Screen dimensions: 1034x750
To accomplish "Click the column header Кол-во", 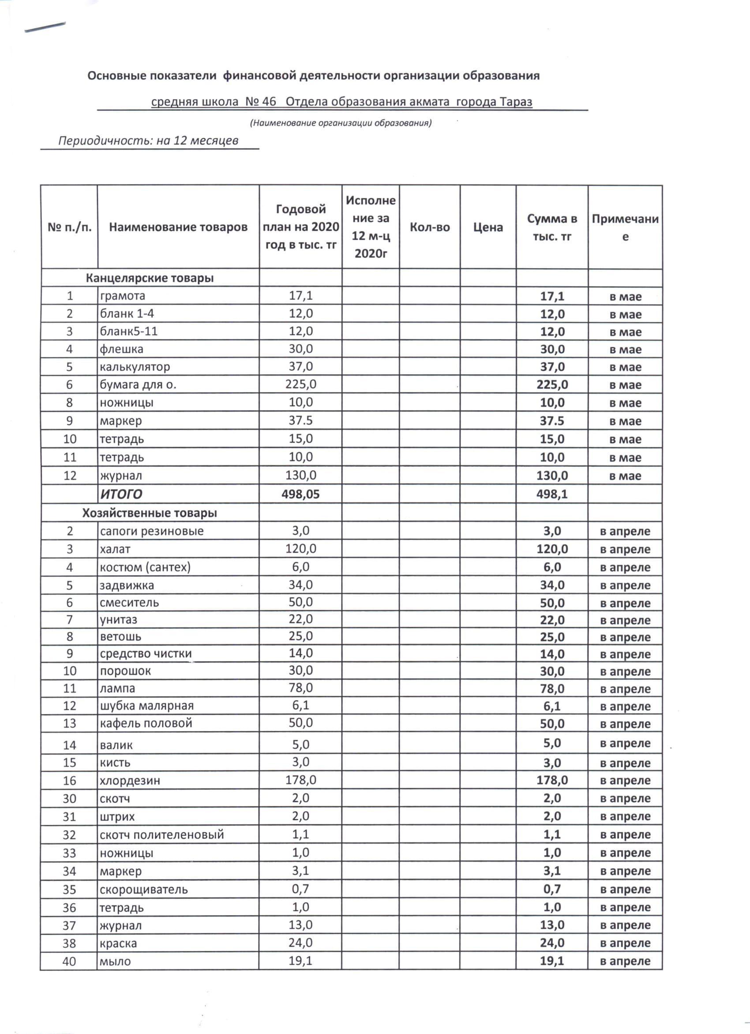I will click(429, 227).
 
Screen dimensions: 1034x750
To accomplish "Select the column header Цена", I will click(487, 227).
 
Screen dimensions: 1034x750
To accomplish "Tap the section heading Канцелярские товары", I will click(150, 278).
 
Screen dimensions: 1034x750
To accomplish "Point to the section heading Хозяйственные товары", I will click(150, 513).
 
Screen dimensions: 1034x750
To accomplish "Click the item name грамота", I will click(123, 296).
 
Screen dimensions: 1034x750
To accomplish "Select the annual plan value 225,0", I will click(301, 385).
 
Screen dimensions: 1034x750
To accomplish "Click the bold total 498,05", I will click(301, 494).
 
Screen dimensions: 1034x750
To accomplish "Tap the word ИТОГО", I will click(121, 494).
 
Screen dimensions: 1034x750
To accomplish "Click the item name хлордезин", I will click(130, 781).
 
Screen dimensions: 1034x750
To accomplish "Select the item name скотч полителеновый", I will click(162, 835).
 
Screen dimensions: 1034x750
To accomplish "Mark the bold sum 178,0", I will click(552, 780).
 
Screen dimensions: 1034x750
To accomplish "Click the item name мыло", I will click(115, 962).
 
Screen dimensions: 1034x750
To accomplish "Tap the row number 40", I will click(69, 962).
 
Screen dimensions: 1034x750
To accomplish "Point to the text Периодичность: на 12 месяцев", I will click(148, 140).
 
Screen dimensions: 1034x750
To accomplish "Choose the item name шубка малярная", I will click(147, 706).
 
